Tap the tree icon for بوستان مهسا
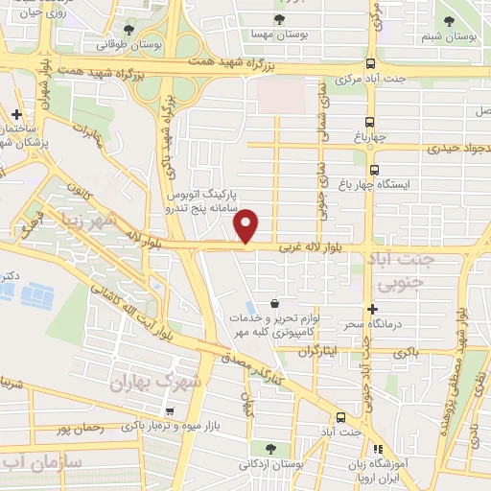280,19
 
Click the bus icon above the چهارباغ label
371,121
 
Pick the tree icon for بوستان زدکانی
271,448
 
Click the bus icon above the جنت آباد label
341,417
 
